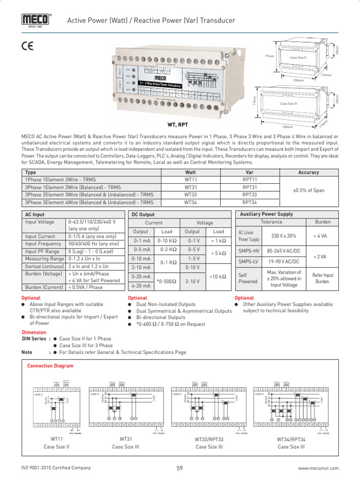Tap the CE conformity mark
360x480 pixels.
28,46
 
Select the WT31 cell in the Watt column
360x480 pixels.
190,187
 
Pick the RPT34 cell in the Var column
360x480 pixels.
249,202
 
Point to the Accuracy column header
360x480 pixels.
308,172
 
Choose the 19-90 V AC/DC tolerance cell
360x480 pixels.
284,261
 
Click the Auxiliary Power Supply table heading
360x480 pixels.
266,214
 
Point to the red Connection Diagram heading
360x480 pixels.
50,366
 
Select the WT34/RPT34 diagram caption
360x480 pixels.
291,439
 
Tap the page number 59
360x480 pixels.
180,468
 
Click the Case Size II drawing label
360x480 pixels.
298,58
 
